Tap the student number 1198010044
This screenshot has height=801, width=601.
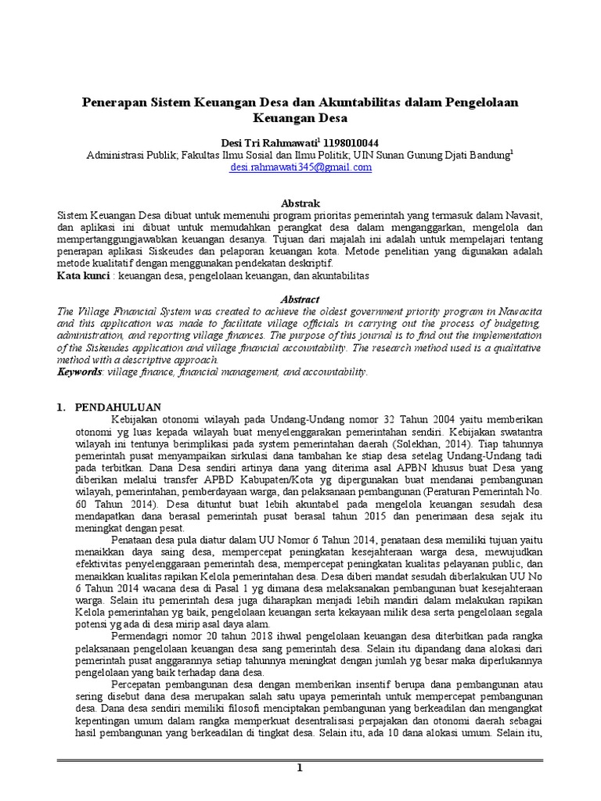(x=351, y=142)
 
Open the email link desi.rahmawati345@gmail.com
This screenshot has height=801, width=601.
(x=300, y=167)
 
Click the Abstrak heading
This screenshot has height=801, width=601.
(x=300, y=203)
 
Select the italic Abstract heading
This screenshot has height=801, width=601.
(x=300, y=299)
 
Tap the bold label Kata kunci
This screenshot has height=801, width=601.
(x=83, y=276)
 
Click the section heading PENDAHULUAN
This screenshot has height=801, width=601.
(x=117, y=408)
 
